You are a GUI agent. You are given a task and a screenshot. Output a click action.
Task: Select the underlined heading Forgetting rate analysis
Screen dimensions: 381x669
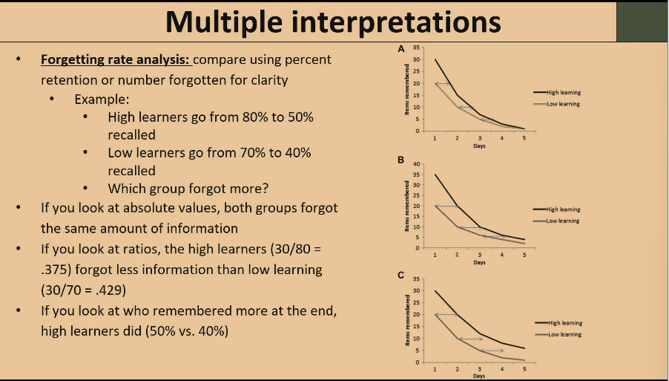[x=116, y=59]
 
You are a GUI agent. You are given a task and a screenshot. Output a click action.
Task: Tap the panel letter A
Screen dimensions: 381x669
[x=401, y=48]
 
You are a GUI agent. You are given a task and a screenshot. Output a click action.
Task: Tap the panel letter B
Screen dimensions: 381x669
[x=401, y=160]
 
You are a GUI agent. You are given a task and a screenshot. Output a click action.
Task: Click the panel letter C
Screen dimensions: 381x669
[x=401, y=275]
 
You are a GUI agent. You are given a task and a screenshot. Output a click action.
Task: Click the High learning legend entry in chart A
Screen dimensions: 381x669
[x=563, y=93]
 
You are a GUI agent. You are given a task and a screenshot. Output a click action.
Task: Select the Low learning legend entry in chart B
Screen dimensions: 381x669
[x=563, y=221]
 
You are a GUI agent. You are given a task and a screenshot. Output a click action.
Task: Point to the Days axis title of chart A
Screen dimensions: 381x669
[x=479, y=146]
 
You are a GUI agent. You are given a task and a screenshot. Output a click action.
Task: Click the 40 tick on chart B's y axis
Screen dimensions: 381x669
[x=417, y=163]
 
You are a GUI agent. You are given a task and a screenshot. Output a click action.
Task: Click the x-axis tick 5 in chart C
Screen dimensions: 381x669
[x=524, y=369]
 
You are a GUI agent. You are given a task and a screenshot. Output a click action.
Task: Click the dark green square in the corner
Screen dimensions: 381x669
[x=642, y=21]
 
